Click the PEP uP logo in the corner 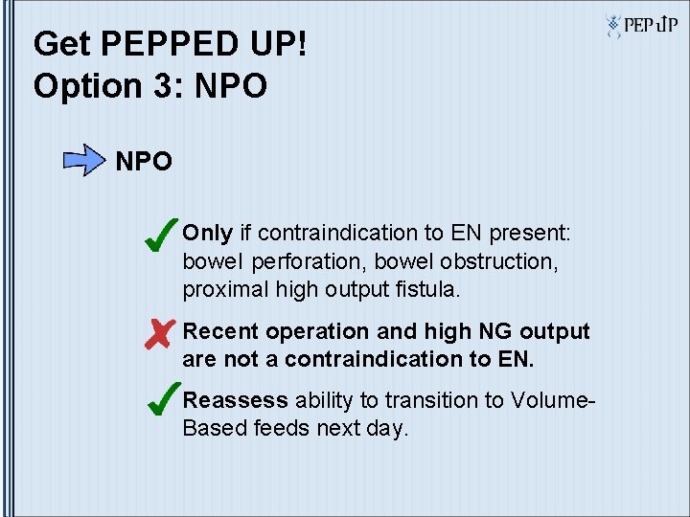click(x=642, y=26)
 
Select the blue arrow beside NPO click(x=85, y=160)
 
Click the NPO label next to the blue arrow click(x=144, y=161)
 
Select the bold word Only click(x=208, y=233)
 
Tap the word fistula click(x=433, y=289)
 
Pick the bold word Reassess click(x=235, y=400)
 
